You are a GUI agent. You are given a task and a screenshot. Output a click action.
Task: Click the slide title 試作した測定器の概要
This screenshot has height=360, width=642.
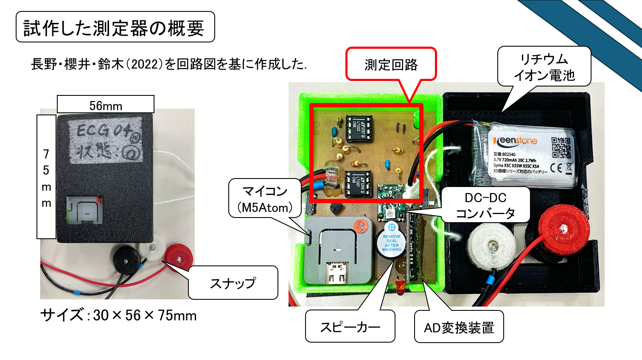click(x=115, y=28)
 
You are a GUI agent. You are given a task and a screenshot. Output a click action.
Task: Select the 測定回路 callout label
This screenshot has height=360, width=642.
click(x=391, y=65)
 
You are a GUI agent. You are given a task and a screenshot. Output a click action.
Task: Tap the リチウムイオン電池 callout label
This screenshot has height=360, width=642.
click(x=544, y=67)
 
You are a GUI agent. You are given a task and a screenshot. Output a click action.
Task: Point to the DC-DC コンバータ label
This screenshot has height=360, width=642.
click(x=485, y=205)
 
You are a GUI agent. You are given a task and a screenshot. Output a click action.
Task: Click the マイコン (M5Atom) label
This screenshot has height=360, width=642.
click(x=265, y=199)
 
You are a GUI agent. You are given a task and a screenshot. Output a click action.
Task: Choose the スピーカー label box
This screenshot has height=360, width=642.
click(x=350, y=327)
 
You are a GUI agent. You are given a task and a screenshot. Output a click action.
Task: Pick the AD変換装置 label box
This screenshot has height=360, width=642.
click(x=459, y=327)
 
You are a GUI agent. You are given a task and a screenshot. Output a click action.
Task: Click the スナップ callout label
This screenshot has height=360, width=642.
click(x=233, y=283)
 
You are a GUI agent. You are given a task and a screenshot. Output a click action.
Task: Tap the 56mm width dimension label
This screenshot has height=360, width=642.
click(x=106, y=105)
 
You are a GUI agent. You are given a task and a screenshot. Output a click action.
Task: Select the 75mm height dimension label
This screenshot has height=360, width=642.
click(x=46, y=177)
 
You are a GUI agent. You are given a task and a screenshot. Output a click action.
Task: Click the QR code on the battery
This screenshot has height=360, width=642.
click(x=561, y=147)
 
